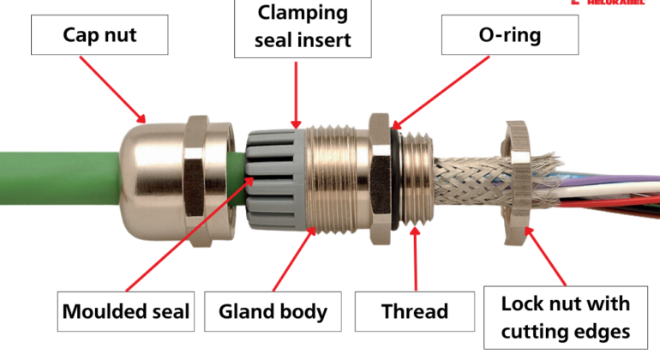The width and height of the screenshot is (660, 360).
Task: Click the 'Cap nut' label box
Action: point(101,37)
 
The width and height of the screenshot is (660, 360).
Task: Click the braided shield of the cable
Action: point(463,185)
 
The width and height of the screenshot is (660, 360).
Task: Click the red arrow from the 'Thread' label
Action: point(416,257)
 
